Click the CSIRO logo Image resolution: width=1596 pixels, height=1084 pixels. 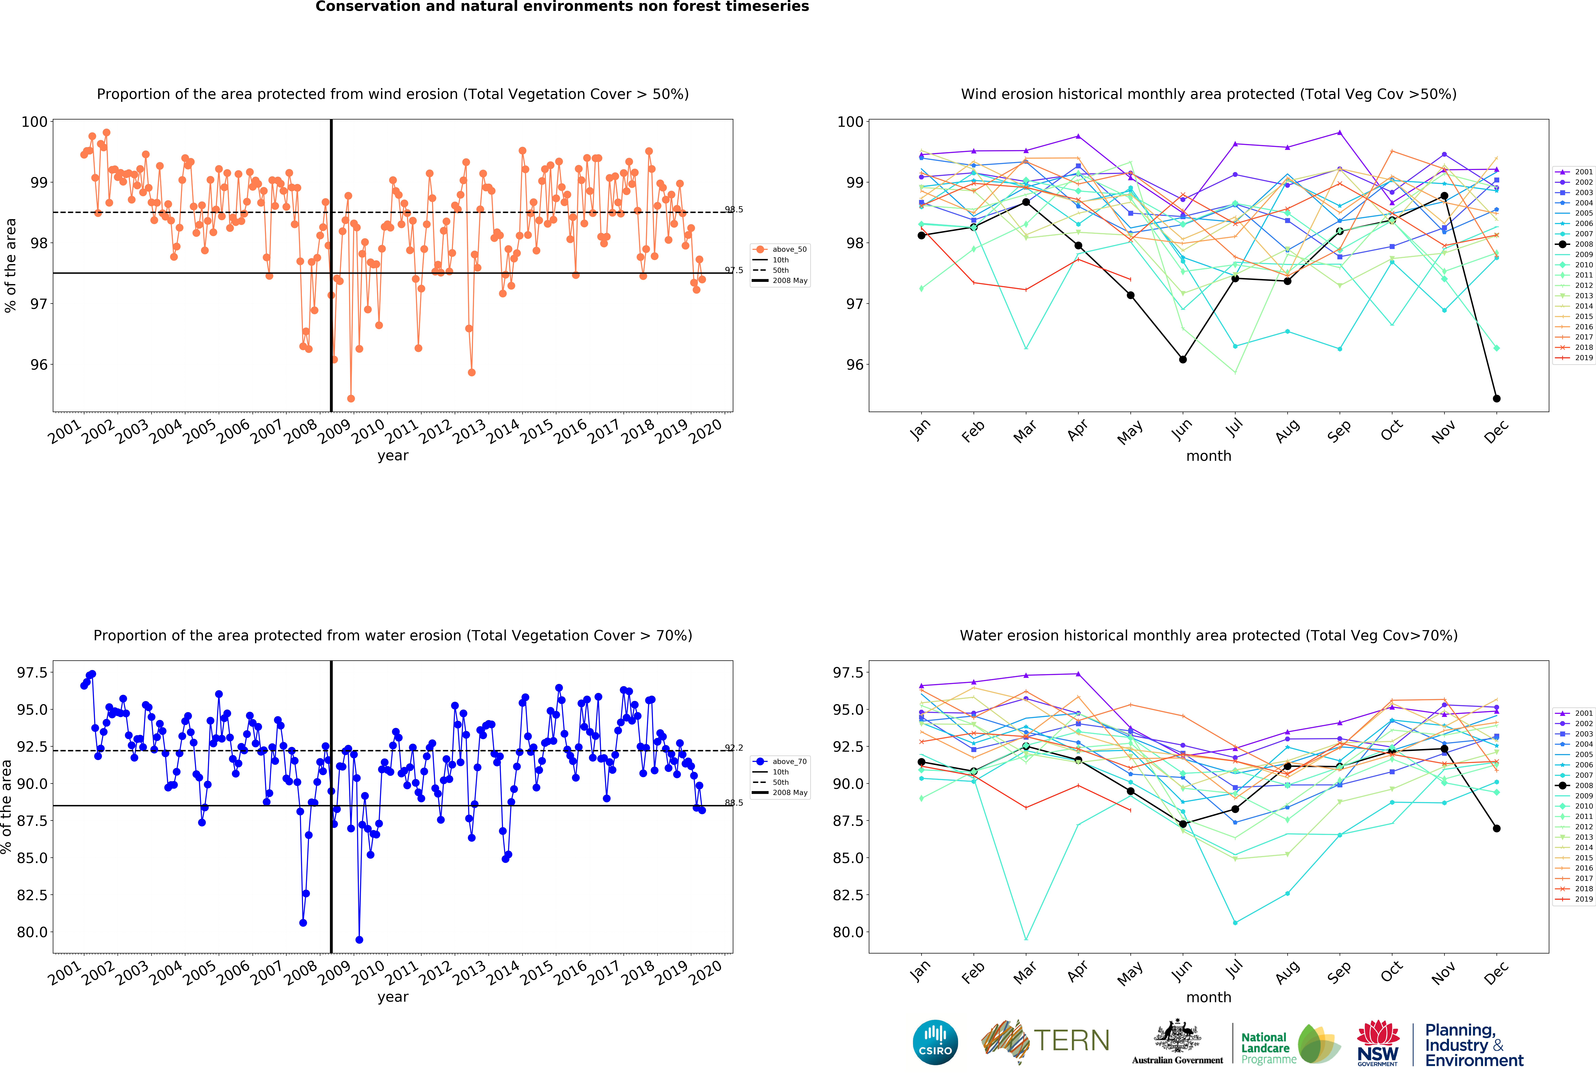(x=935, y=1042)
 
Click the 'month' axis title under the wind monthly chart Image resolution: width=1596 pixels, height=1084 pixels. (x=1209, y=456)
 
